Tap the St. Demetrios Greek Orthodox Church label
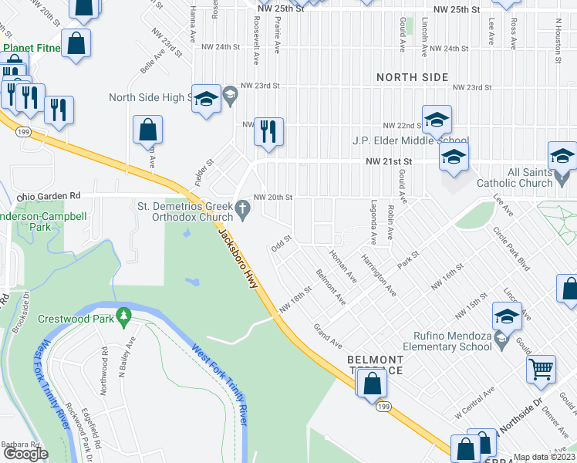184,211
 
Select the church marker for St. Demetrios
242,206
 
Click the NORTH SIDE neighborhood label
413,77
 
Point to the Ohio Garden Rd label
49,195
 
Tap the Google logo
26,454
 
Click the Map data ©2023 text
544,457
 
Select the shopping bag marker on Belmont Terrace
371,383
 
